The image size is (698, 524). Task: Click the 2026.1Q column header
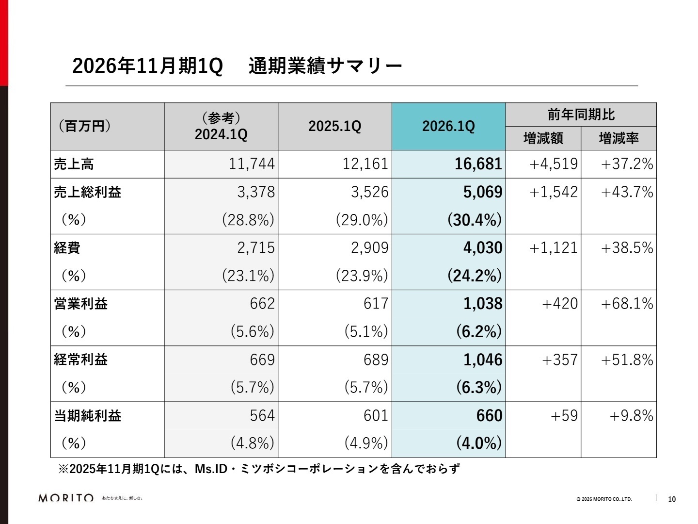point(448,126)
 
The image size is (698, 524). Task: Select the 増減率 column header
point(619,139)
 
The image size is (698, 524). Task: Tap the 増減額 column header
point(543,139)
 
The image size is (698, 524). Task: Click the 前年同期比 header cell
point(581,115)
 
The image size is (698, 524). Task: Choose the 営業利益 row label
point(80,304)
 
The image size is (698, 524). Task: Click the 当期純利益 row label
point(87,416)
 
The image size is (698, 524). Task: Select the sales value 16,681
point(478,164)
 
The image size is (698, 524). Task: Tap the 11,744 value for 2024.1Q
point(252,164)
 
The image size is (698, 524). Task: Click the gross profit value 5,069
point(482,192)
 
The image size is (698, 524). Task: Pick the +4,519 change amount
point(554,164)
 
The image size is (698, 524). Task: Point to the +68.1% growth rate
point(627,304)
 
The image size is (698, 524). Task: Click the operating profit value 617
point(376,304)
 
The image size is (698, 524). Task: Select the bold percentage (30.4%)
point(474,220)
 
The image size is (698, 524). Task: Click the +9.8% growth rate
point(631,416)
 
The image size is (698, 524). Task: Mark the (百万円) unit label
point(84,126)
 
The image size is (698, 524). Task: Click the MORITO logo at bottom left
point(66,498)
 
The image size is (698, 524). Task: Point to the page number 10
point(672,499)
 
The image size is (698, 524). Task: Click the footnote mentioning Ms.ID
point(259,469)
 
